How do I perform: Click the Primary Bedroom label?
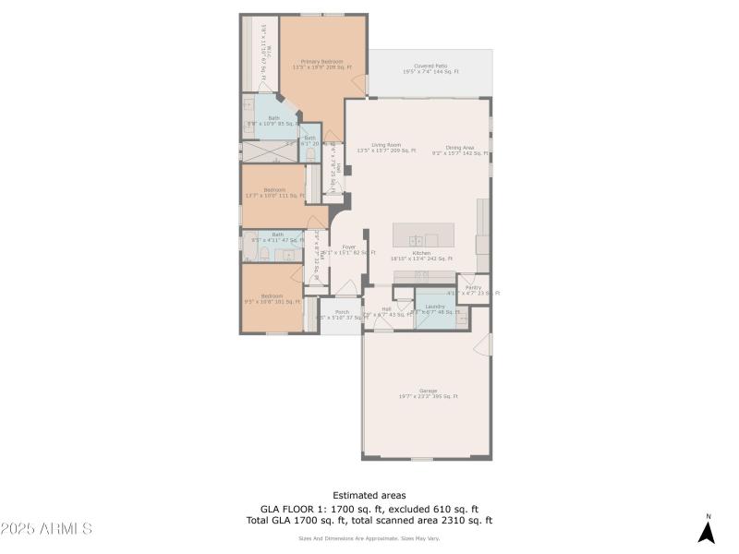pyautogui.click(x=316, y=64)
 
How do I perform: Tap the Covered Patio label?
pyautogui.click(x=430, y=68)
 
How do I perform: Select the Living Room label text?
pyautogui.click(x=386, y=147)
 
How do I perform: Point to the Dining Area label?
pyautogui.click(x=459, y=150)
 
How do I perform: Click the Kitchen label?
pyautogui.click(x=421, y=255)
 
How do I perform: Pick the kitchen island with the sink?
pyautogui.click(x=423, y=235)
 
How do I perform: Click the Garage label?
pyautogui.click(x=428, y=393)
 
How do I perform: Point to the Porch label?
pyautogui.click(x=341, y=315)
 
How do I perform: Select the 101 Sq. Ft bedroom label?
pyautogui.click(x=273, y=298)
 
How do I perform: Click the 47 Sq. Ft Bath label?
pyautogui.click(x=277, y=237)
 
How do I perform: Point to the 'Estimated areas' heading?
pyautogui.click(x=369, y=496)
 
